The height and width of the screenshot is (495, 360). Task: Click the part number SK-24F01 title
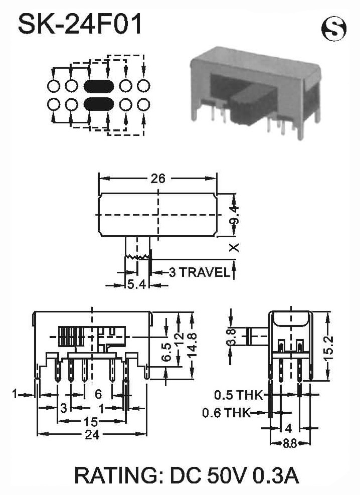point(80,24)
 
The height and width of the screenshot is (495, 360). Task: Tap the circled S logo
point(334,29)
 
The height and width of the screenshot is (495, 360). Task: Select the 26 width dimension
point(157,179)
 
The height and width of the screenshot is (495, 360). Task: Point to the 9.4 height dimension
point(235,215)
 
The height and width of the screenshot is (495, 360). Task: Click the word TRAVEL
point(204,272)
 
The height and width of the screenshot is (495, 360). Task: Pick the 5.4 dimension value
point(136,285)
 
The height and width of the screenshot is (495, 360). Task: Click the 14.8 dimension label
point(192,345)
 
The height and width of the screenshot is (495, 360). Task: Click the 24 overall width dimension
point(92,435)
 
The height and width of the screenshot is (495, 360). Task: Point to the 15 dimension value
point(91,421)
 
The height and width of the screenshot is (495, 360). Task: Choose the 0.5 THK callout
point(238,395)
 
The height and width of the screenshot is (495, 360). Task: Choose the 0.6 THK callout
point(226,412)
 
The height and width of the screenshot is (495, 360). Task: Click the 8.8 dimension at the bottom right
point(290,443)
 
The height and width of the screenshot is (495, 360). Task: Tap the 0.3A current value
point(275,475)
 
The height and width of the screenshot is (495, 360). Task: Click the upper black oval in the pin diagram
point(99,86)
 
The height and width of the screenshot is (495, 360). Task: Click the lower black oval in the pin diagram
point(99,104)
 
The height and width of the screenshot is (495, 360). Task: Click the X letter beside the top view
point(235,248)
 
